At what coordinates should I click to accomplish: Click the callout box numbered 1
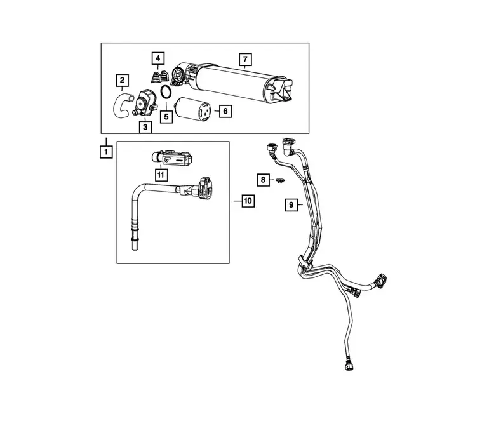106,152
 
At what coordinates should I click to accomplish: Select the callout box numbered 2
122,80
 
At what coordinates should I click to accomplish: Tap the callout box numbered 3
145,127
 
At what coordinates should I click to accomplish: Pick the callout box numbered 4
158,58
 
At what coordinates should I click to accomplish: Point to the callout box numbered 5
166,117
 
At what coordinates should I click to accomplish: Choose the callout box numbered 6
225,111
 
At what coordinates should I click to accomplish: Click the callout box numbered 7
245,59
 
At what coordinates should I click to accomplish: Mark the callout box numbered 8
263,180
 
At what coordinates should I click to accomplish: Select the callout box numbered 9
291,205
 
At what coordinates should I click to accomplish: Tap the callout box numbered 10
248,201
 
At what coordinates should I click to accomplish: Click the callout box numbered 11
161,175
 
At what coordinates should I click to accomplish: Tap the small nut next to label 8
280,180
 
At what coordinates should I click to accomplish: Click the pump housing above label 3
144,103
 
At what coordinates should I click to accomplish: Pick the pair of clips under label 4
159,77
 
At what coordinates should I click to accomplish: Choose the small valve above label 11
171,157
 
